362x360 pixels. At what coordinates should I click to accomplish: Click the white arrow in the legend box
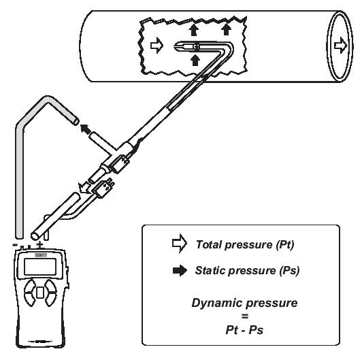pyautogui.click(x=180, y=244)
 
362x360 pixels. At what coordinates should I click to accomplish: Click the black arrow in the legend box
pyautogui.click(x=180, y=270)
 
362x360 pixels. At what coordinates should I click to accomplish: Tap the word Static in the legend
pyautogui.click(x=210, y=270)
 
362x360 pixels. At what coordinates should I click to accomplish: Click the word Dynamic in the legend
pyautogui.click(x=214, y=304)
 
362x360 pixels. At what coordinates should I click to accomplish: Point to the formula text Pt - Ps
pyautogui.click(x=244, y=330)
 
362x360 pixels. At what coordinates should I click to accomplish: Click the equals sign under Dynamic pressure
pyautogui.click(x=245, y=316)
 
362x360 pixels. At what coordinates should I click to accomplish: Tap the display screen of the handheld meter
pyautogui.click(x=40, y=267)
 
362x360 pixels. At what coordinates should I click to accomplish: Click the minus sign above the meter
pyautogui.click(x=15, y=244)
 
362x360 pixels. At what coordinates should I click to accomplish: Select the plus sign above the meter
pyautogui.click(x=40, y=244)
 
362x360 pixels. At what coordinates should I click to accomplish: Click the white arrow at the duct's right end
pyautogui.click(x=341, y=46)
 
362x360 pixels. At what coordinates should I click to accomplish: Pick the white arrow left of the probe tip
pyautogui.click(x=157, y=46)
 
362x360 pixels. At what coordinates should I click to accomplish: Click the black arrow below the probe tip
pyautogui.click(x=195, y=60)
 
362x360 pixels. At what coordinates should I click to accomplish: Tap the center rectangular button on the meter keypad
pyautogui.click(x=40, y=293)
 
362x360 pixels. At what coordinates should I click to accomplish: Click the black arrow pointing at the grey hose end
pyautogui.click(x=86, y=129)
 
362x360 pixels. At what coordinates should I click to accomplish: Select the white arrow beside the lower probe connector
pyautogui.click(x=84, y=187)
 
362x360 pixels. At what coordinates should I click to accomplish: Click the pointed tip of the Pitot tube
pyautogui.click(x=174, y=47)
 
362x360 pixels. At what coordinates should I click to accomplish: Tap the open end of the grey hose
pyautogui.click(x=76, y=121)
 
